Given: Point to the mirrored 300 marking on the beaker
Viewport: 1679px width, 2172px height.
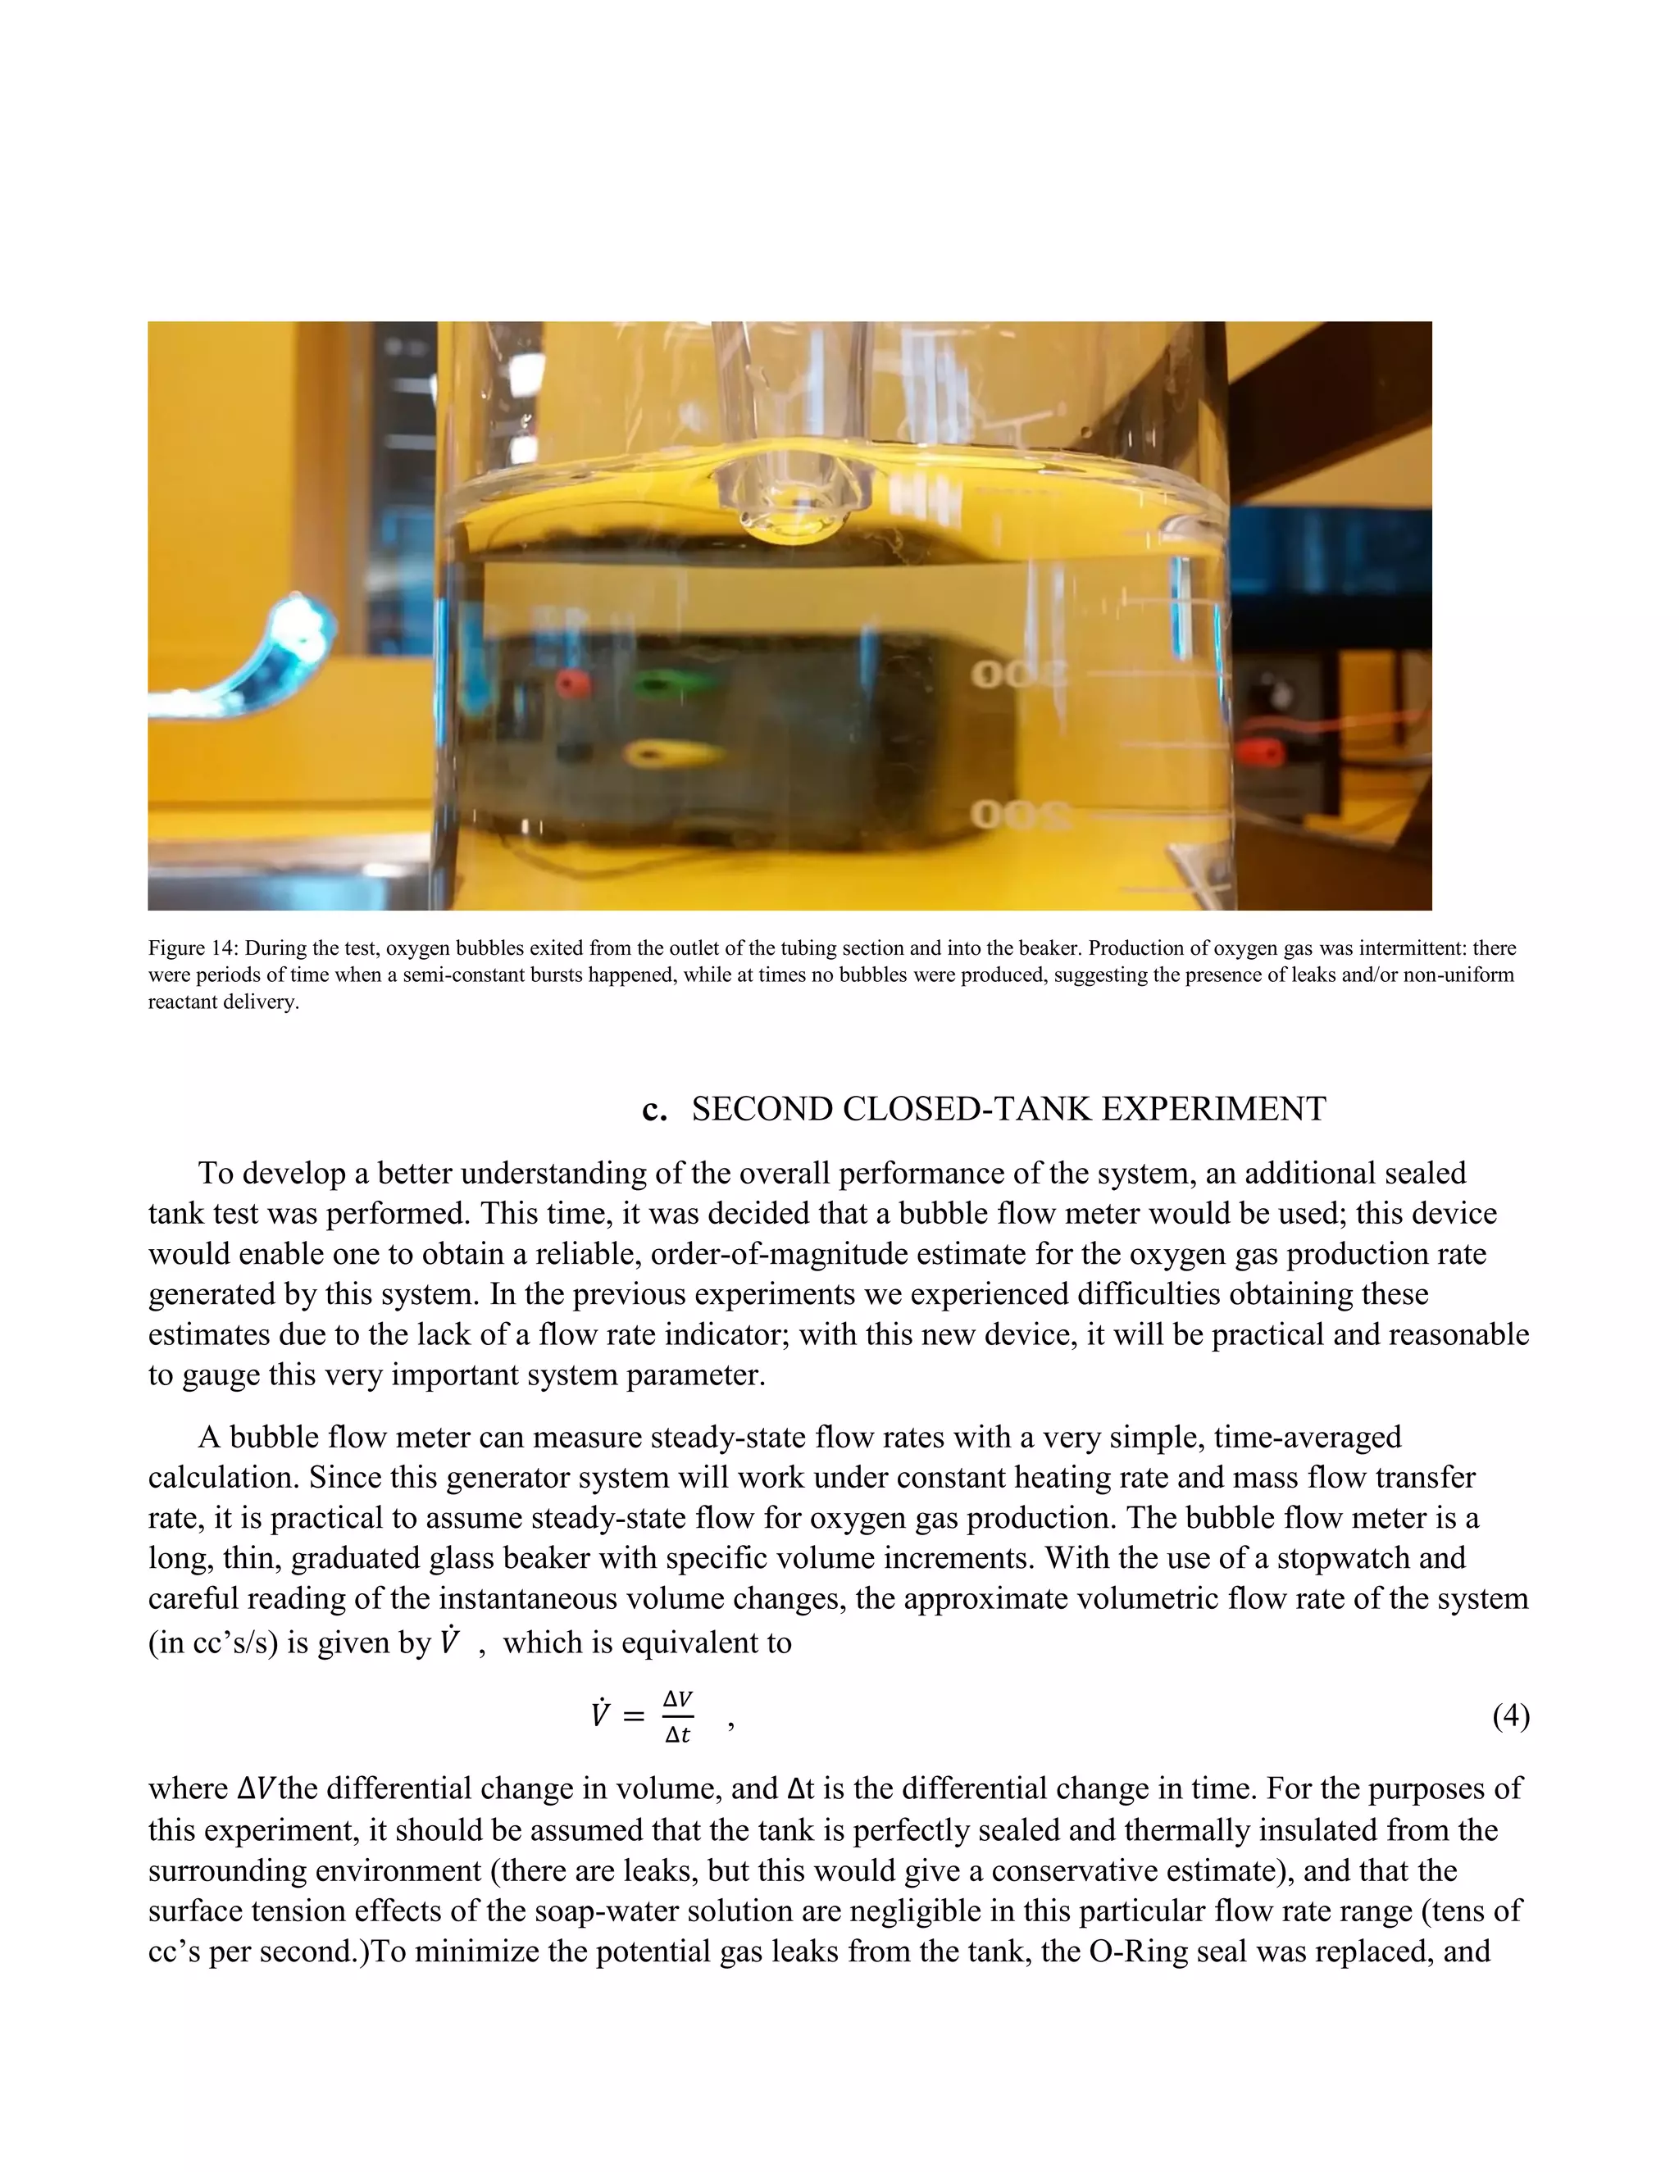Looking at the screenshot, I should point(1017,676).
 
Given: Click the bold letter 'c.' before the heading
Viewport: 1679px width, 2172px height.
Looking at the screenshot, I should point(654,1109).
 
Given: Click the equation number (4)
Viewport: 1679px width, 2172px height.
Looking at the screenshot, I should point(1510,1715).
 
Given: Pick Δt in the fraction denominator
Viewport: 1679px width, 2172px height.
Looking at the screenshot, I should point(677,1735).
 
